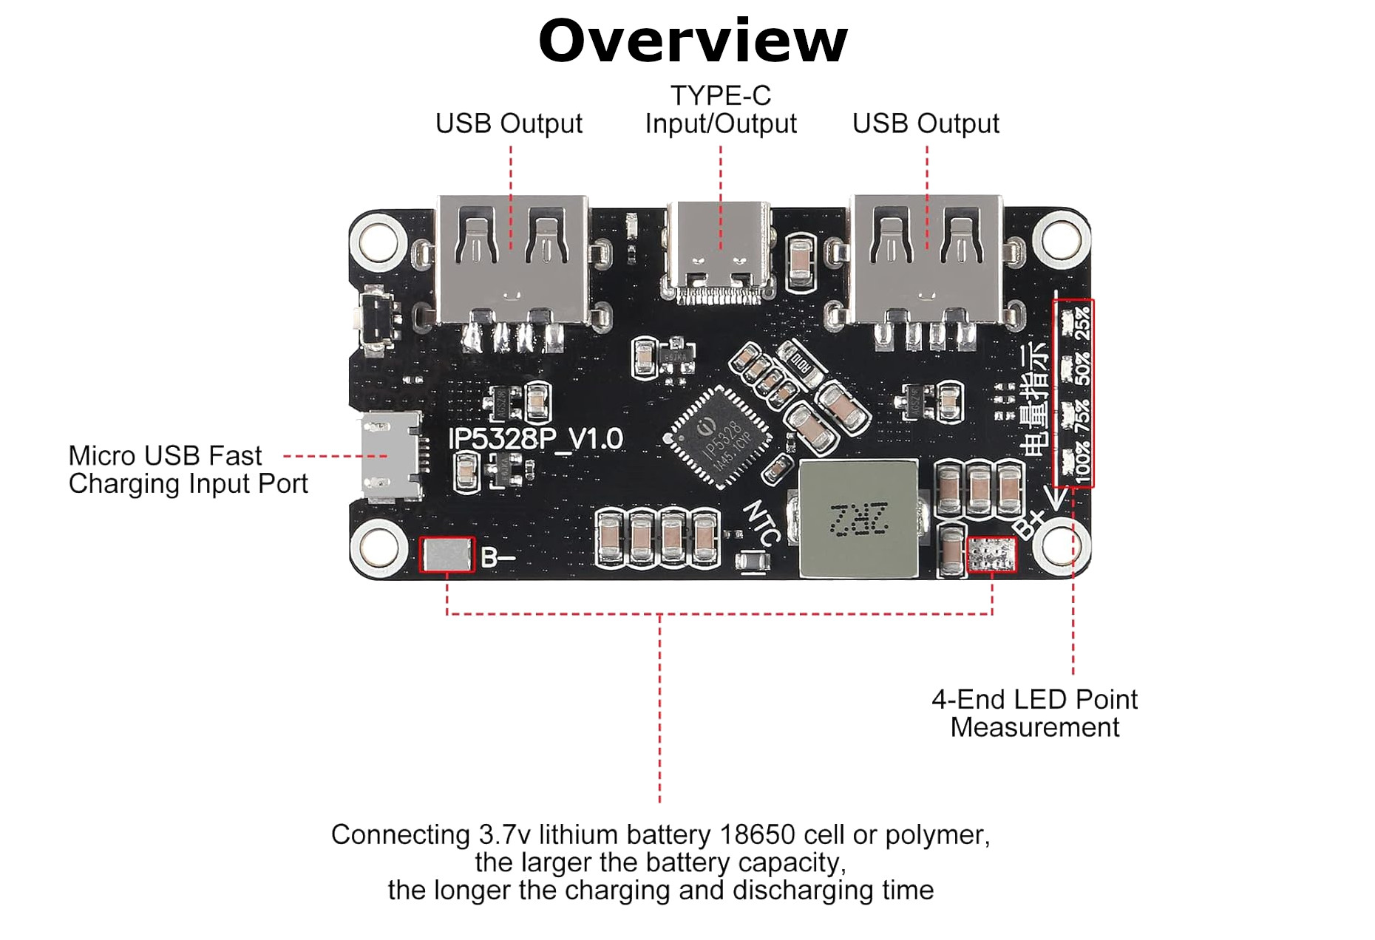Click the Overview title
(693, 41)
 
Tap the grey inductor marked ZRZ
(858, 519)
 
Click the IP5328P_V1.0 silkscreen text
(536, 439)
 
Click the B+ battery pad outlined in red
(992, 554)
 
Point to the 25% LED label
(1082, 323)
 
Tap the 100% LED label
(1082, 463)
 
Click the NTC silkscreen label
(761, 522)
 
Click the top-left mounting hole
(378, 241)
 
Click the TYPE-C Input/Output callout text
(720, 109)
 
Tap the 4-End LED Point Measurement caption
(1033, 713)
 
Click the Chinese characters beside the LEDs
(1035, 399)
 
